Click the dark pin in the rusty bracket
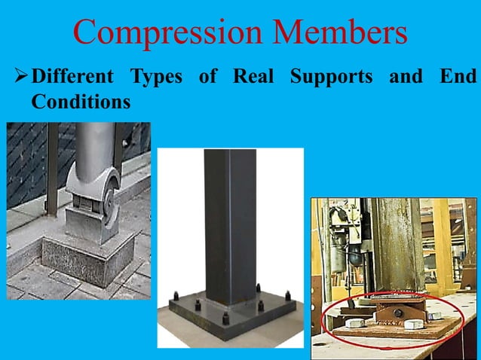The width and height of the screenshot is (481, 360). [x=390, y=311]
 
